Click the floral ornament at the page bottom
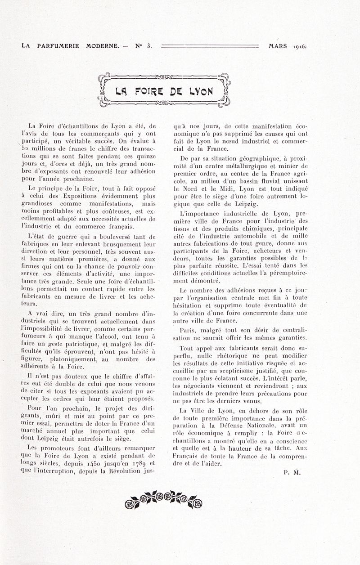click(x=163, y=498)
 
